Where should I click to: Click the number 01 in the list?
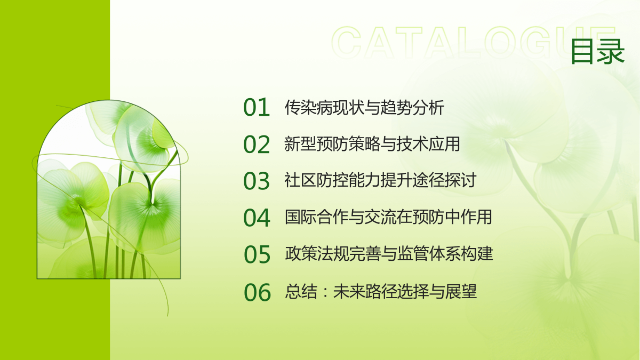[257, 107]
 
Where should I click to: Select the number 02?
[257, 145]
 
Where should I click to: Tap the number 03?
[257, 181]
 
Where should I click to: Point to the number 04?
[257, 218]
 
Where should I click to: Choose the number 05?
[257, 254]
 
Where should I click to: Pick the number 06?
[257, 292]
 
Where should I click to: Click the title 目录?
[597, 51]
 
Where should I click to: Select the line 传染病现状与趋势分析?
[364, 107]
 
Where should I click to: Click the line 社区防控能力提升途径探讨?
[380, 180]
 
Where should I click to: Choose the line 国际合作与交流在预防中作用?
[388, 217]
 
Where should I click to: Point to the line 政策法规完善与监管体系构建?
[389, 254]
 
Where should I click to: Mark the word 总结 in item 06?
[301, 291]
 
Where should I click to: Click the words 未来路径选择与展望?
[405, 291]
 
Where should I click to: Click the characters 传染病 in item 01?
[309, 107]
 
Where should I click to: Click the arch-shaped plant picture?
[109, 189]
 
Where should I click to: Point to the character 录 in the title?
[611, 51]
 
